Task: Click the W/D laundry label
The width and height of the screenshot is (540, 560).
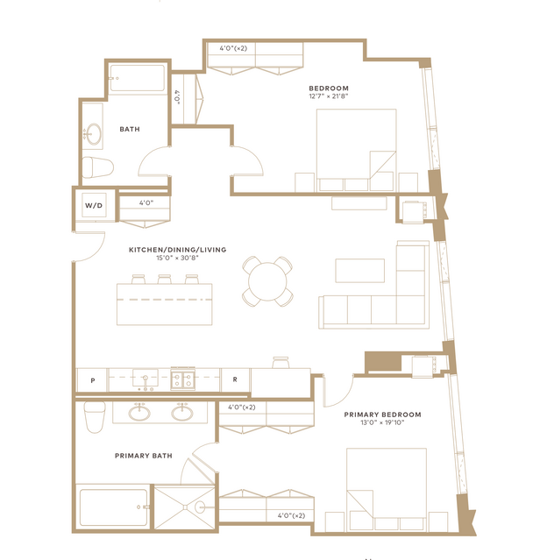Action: (94, 205)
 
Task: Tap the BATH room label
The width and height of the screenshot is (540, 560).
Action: (130, 129)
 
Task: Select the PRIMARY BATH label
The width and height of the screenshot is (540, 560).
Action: (144, 456)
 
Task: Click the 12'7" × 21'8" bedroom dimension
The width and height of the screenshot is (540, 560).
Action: (329, 96)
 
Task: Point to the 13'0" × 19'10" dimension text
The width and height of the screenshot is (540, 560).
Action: (382, 422)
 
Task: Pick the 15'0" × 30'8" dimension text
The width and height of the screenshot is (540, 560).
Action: (177, 258)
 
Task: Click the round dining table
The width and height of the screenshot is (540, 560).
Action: (267, 281)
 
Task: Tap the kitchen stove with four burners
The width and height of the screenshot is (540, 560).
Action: (183, 379)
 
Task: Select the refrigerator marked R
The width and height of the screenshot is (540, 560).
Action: (235, 379)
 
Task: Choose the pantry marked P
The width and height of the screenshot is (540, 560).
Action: (93, 380)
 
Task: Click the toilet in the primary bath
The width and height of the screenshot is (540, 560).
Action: (95, 417)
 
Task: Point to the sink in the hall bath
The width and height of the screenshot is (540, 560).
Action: (94, 134)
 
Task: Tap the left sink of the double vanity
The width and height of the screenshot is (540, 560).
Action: (139, 413)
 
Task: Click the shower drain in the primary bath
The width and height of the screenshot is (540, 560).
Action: (185, 507)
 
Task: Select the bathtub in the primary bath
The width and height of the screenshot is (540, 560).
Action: (113, 507)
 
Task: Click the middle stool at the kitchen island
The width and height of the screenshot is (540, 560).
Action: (164, 279)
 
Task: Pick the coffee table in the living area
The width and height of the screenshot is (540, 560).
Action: (360, 270)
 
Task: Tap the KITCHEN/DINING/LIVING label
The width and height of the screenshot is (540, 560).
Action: (177, 250)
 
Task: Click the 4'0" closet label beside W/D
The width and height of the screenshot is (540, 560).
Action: (146, 202)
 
